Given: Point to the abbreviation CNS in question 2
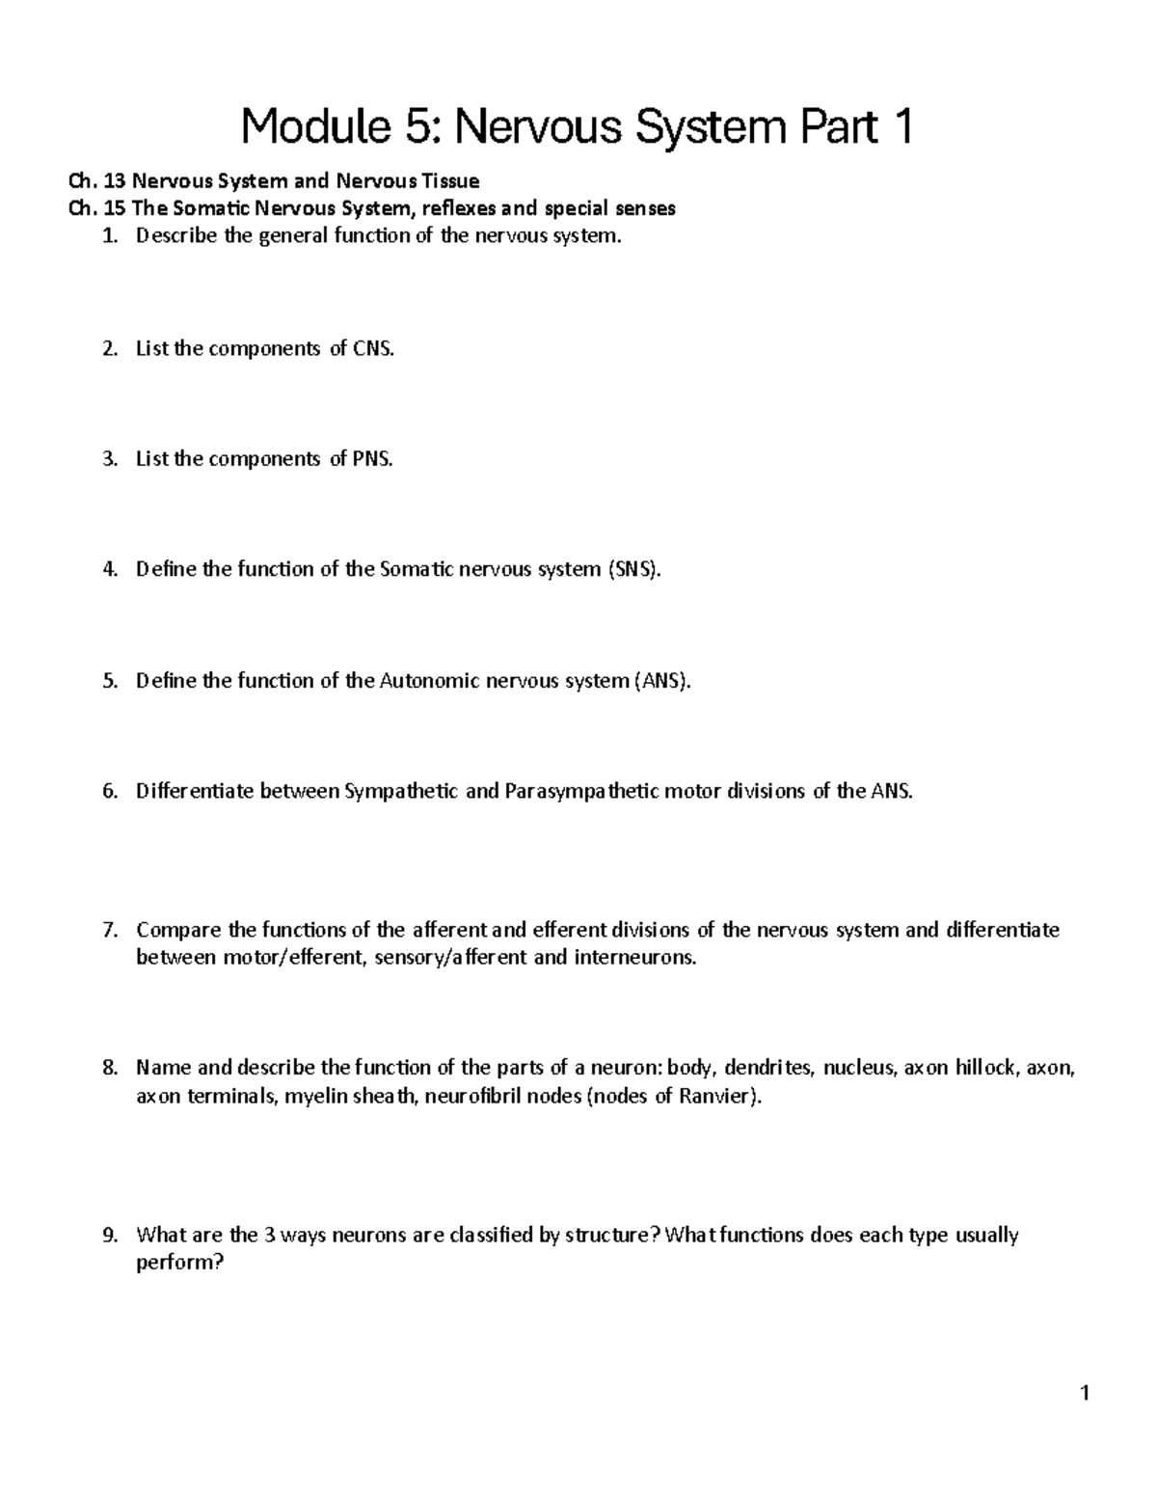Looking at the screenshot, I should pos(374,349).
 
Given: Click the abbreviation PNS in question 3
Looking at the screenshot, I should pos(373,459).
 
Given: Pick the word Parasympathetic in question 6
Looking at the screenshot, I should pos(577,792).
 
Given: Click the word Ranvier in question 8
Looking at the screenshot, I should pos(718,1096).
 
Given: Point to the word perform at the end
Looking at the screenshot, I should pos(179,1263).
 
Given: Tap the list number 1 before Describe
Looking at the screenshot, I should pos(109,236).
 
